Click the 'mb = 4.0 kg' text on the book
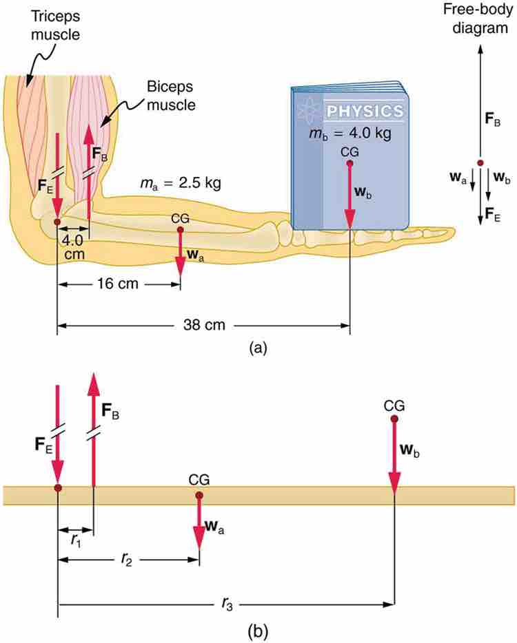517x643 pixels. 349,134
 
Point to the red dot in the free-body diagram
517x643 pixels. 480,162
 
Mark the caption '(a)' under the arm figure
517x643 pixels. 257,348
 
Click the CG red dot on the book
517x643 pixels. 349,164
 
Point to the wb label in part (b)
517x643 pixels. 412,451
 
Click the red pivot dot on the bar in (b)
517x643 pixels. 57,487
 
